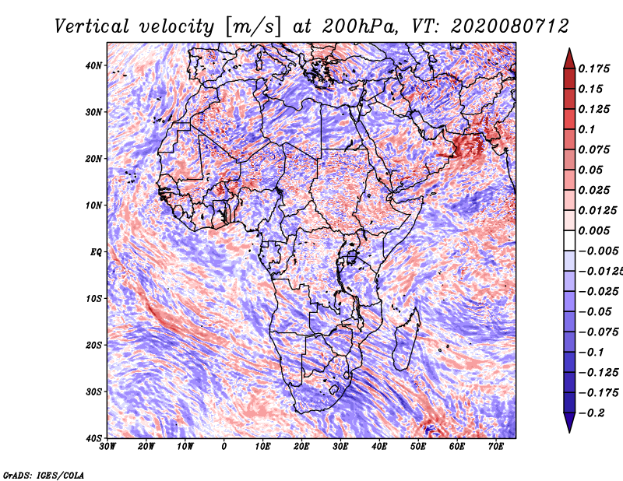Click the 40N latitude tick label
[x=93, y=65]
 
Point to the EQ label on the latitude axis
[x=96, y=252]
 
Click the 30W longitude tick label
[x=107, y=447]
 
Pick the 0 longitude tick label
[x=224, y=447]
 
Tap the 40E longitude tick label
[x=379, y=447]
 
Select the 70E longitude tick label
[x=496, y=447]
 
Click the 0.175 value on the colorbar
[x=593, y=68]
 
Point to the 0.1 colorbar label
[x=586, y=129]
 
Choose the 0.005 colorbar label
[x=593, y=230]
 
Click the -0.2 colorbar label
[x=591, y=413]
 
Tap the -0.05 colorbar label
[x=595, y=311]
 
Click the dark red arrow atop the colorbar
[x=569, y=59]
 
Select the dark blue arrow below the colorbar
[x=569, y=423]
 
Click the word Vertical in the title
[x=91, y=26]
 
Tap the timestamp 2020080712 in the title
[x=510, y=26]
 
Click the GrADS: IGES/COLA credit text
[x=44, y=475]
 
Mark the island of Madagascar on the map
[x=407, y=339]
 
